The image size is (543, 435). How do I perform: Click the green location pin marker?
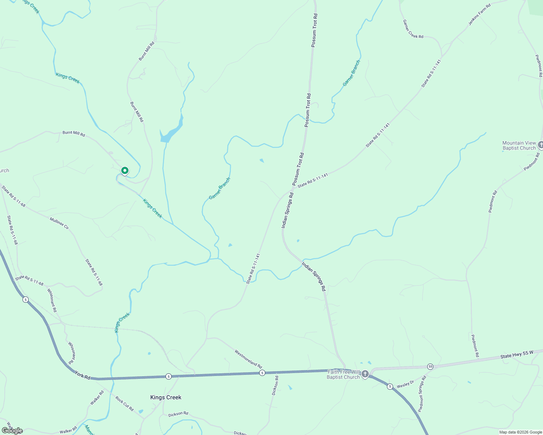point(124,170)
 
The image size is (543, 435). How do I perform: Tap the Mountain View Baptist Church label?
point(519,145)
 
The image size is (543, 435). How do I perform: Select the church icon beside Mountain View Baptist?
point(540,145)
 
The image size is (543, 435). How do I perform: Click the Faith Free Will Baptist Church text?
point(343,374)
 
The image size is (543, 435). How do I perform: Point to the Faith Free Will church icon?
point(365,374)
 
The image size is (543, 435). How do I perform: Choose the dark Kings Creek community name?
point(166,397)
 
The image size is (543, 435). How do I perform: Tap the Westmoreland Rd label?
point(248,359)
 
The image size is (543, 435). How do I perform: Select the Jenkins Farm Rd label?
point(479,14)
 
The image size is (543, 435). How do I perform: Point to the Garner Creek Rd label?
point(413,29)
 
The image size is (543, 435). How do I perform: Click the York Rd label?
point(82,375)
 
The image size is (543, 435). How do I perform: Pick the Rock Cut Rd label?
point(124,403)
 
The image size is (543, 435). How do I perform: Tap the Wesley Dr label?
point(405,384)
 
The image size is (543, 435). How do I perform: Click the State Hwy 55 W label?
point(517,354)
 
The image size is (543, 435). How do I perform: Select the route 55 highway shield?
point(430,366)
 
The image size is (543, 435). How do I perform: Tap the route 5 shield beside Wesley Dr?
point(390,386)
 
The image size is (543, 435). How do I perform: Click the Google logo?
point(12,431)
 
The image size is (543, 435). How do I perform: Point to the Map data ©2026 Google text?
point(520,432)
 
